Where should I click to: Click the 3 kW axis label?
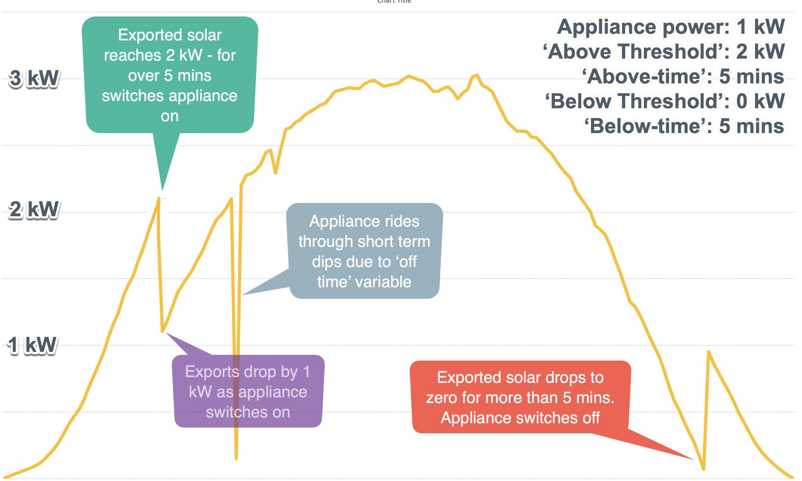34,78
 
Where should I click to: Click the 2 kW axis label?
34,209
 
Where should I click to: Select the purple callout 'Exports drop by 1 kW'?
248,391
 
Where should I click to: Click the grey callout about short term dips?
364,251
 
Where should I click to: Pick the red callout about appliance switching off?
520,397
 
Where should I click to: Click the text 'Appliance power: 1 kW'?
671,27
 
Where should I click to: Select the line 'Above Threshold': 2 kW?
664,51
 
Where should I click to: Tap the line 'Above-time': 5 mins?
683,76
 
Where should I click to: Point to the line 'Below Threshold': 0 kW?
665,101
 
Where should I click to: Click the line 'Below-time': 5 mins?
685,126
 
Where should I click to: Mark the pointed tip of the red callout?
692,459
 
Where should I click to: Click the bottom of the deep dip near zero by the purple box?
236,457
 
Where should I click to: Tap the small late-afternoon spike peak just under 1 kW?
708,353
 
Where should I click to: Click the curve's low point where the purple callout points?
163,331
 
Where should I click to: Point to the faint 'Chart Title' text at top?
394,2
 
